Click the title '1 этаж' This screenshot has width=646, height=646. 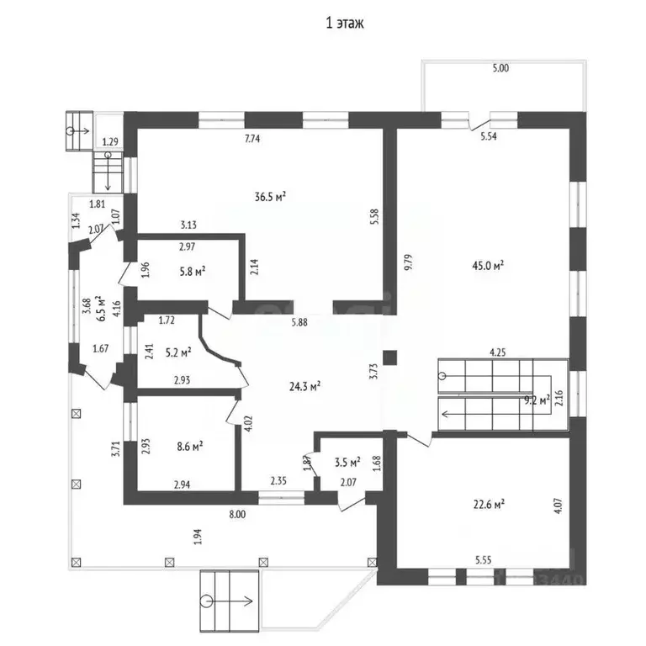pos(344,23)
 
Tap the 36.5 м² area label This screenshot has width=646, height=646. pos(270,197)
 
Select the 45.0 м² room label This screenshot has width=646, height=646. pos(488,265)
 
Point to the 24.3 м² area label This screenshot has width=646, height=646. pos(304,386)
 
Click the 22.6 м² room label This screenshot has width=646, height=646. pos(489,504)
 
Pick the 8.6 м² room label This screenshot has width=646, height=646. pos(189,446)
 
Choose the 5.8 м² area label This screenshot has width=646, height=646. pos(193,272)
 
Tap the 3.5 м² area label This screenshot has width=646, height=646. pos(347,462)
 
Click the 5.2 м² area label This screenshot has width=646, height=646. pos(178,352)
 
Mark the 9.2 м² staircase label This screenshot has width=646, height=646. pos(537,400)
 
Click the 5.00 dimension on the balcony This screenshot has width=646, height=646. pos(500,68)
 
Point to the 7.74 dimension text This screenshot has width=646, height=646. pos(252,139)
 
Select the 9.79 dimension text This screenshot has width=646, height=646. pos(408,262)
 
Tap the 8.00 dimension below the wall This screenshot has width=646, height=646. pos(237,514)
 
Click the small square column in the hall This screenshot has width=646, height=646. pos(389,357)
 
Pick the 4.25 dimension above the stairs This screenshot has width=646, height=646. pos(497,352)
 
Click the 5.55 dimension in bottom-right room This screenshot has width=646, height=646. pos(484,559)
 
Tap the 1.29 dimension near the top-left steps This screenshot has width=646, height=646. pos(110,142)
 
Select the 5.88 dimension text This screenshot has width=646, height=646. pos(299,323)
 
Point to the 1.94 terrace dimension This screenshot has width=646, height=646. pos(199,537)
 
